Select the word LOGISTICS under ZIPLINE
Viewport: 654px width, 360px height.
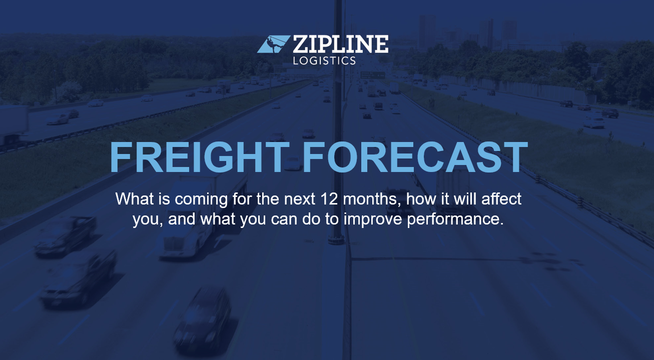pyautogui.click(x=324, y=60)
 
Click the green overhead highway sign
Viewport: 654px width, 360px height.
pyautogui.click(x=372, y=74)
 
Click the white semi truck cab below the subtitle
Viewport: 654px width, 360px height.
pyautogui.click(x=178, y=245)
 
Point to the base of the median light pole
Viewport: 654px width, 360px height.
pyautogui.click(x=336, y=239)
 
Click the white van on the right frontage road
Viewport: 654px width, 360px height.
pyautogui.click(x=594, y=121)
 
